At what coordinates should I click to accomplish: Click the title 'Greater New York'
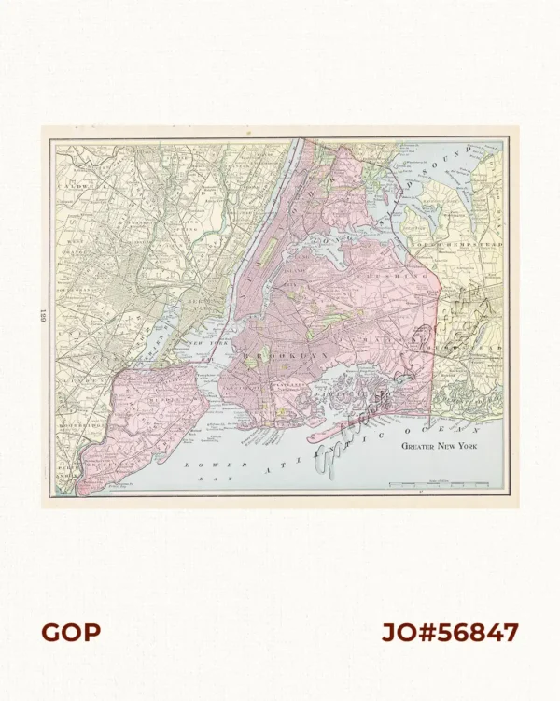click(444, 447)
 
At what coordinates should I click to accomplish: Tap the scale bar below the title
click(439, 484)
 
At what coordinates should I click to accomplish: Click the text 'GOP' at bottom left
click(70, 633)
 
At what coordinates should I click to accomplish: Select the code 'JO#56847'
click(450, 633)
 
